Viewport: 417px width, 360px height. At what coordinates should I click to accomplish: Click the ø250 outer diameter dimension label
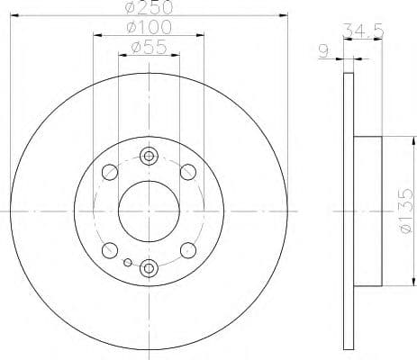point(149,7)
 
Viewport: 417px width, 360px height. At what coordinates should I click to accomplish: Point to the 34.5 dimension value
point(358,34)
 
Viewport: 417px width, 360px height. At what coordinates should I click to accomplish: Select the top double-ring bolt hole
point(149,157)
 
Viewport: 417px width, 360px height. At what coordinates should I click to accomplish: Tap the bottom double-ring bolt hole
point(149,266)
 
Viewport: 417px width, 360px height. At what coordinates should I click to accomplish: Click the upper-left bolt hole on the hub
point(110,172)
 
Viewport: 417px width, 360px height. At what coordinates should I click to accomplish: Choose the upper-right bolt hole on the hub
point(187,172)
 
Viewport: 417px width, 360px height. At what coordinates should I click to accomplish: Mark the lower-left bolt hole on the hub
point(110,250)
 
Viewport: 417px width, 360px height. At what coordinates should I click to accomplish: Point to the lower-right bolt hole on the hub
point(187,250)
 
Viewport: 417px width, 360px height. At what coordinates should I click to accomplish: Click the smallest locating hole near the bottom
point(128,263)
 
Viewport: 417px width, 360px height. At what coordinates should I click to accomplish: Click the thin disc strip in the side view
point(349,211)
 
